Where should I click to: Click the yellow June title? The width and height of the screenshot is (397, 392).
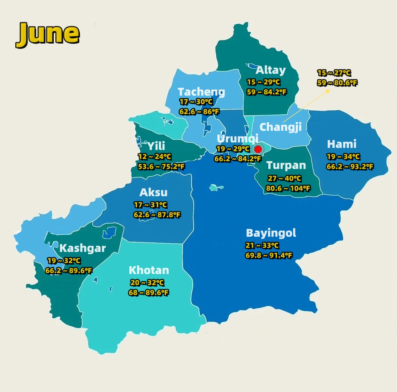coord(48,34)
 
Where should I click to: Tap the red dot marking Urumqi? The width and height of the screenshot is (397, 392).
coord(258,149)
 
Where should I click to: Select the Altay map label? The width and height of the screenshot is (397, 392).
coord(270,70)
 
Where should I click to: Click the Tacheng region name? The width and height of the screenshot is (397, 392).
coord(201,92)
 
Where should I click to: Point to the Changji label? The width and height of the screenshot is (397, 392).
coord(281,127)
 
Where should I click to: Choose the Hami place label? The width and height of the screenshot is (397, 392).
coord(342,144)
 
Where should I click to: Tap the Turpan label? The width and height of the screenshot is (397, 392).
coord(286,166)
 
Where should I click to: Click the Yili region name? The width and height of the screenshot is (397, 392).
coord(156,146)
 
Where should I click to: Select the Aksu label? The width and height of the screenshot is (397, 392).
coord(153,192)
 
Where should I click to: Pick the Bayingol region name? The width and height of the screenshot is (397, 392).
coord(271,233)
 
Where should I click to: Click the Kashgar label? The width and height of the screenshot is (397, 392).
coord(83,248)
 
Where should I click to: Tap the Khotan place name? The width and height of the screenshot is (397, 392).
coord(149,270)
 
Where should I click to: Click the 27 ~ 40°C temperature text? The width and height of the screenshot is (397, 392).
coord(284,179)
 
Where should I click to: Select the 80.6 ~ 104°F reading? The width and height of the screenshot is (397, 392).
coord(288,188)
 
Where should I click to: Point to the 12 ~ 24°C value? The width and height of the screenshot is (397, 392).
coord(155,157)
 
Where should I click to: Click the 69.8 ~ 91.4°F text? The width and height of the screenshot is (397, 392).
coord(269,256)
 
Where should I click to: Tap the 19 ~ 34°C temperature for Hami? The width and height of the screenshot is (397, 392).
coord(343,157)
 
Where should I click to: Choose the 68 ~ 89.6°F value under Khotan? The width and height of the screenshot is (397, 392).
coord(149,293)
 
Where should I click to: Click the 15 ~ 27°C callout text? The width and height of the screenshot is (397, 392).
coord(334,73)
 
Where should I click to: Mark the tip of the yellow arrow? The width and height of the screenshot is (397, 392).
coord(330,89)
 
